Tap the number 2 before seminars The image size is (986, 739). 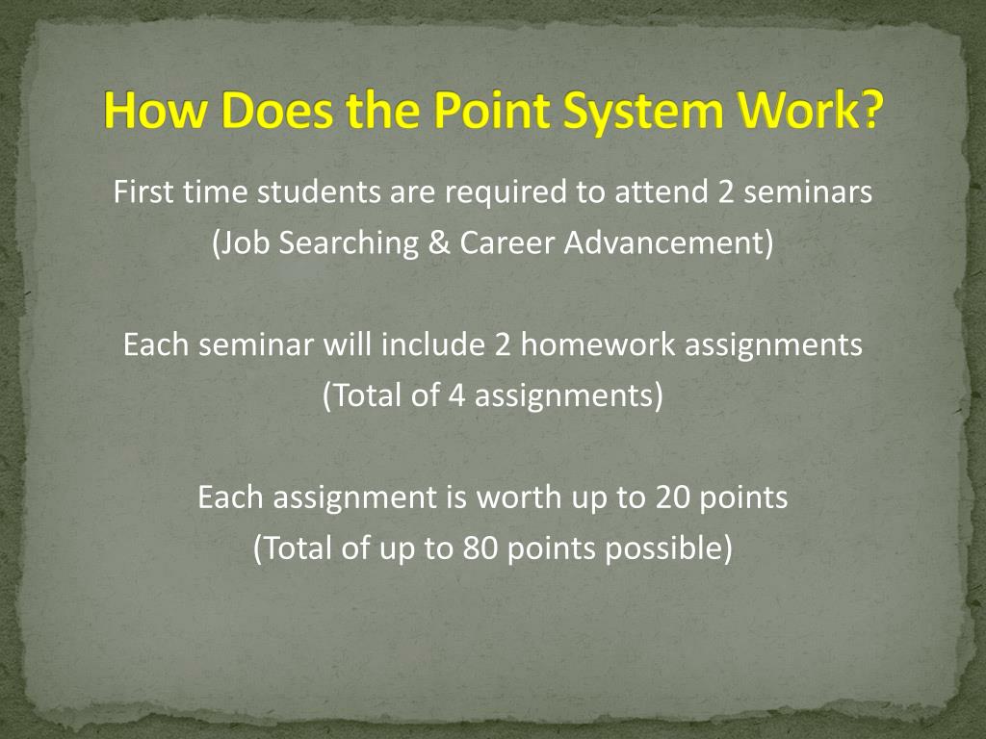point(727,192)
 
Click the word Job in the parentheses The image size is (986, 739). point(245,243)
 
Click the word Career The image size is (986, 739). point(506,243)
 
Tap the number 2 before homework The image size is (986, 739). point(503,344)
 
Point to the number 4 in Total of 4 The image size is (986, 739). point(456,395)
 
